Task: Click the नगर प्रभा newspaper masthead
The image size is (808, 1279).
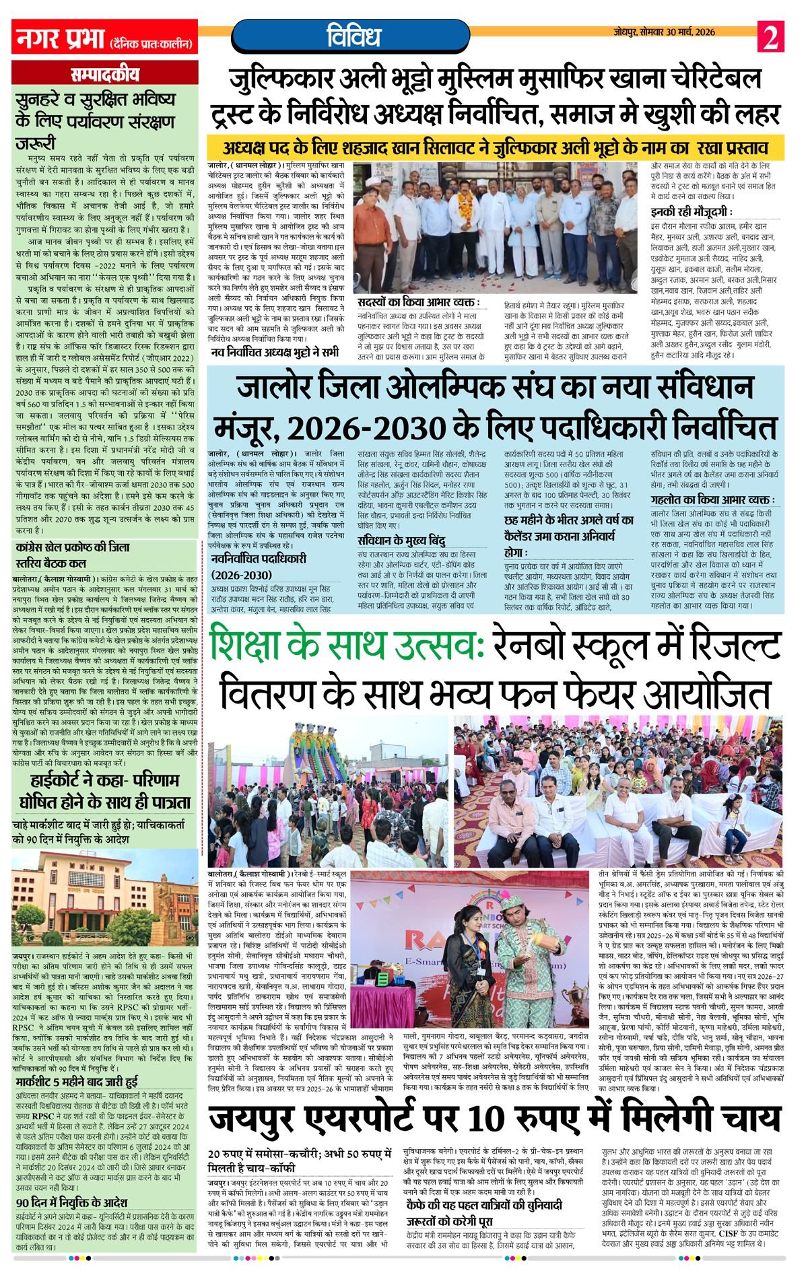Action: (59, 37)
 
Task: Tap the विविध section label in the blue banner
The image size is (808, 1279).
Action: (353, 36)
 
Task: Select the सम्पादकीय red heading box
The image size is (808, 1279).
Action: (105, 75)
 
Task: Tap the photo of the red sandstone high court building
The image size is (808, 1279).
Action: (105, 899)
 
